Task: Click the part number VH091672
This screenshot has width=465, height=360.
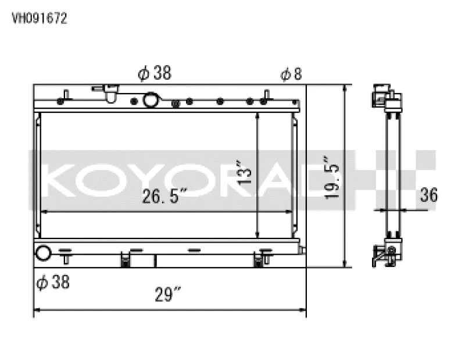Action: point(40,18)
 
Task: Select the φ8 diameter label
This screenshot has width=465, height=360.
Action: point(291,74)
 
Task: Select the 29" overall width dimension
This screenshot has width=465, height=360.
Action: point(169,295)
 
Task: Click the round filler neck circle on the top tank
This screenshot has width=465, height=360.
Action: point(151,100)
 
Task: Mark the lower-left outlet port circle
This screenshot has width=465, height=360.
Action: point(44,253)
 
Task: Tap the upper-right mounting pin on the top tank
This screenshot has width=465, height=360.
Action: point(266,95)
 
